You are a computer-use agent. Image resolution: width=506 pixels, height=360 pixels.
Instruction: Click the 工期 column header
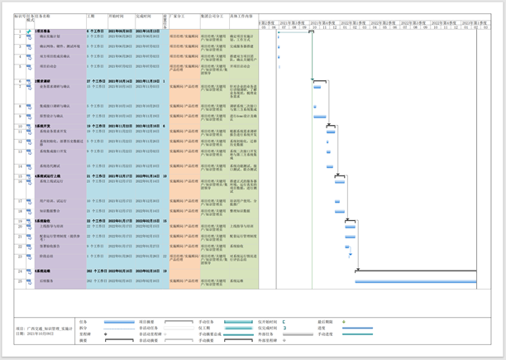(x=91, y=16)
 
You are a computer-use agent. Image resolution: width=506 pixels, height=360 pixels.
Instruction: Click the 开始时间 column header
(x=116, y=16)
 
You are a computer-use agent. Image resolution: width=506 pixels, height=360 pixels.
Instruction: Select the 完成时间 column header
(x=144, y=16)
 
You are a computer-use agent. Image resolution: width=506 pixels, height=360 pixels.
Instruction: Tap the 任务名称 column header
(x=41, y=16)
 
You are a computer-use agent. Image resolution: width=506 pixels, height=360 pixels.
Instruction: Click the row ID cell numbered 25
(x=21, y=281)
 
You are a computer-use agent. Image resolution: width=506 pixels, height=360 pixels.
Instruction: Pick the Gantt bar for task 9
(x=320, y=117)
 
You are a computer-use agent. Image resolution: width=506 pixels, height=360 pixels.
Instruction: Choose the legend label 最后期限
(x=325, y=322)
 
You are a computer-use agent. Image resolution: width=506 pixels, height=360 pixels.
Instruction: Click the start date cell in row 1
(x=121, y=31)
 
